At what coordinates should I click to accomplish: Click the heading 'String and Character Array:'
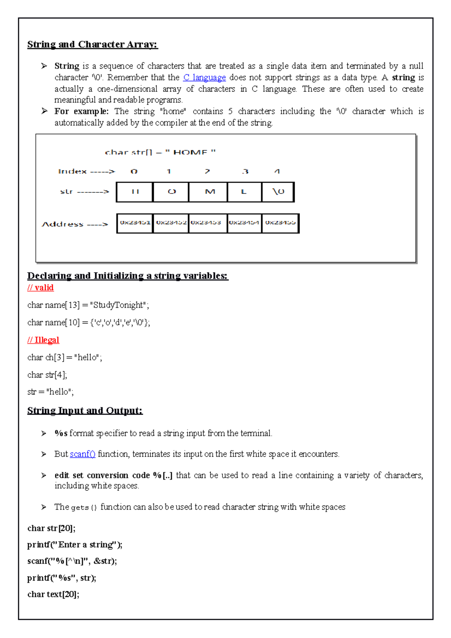pos(92,44)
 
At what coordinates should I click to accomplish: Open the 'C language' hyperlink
pos(204,77)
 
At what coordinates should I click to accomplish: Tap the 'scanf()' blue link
pos(83,454)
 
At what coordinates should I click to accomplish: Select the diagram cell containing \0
pos(278,192)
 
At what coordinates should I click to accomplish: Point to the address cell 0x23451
pos(135,223)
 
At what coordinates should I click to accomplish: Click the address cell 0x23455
pos(280,223)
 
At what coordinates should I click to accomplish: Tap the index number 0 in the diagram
pos(134,171)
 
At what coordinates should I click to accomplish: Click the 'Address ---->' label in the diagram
pos(74,224)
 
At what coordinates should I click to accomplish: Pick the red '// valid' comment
pos(41,287)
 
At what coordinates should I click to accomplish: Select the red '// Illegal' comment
pos(43,340)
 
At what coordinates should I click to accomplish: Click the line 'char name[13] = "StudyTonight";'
pos(88,305)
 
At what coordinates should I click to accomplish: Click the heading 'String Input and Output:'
pos(85,410)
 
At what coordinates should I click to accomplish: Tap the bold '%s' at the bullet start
pos(61,433)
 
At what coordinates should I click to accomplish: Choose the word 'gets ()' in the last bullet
pos(84,507)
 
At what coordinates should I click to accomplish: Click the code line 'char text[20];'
pos(53,594)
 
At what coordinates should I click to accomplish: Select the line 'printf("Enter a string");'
pos(75,544)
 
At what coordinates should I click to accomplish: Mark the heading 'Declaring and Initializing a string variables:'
pos(128,276)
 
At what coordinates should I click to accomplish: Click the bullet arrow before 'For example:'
pos(44,111)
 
